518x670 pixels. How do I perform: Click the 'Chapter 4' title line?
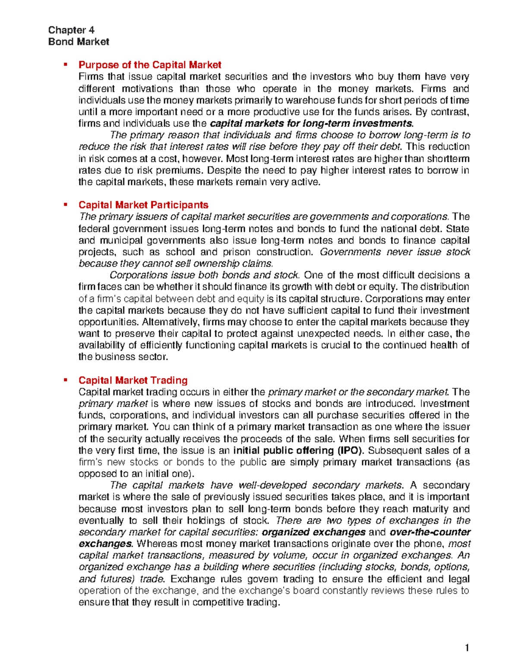pyautogui.click(x=71, y=30)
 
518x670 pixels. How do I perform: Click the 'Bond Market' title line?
pyautogui.click(x=79, y=42)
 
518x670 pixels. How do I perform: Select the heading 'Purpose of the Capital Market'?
pyautogui.click(x=150, y=65)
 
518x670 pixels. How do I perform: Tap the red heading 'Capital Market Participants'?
pyautogui.click(x=143, y=205)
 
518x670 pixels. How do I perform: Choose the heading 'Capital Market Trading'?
pyautogui.click(x=133, y=381)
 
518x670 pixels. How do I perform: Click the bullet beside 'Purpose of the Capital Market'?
pyautogui.click(x=66, y=65)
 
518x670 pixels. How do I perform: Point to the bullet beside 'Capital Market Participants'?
pyautogui.click(x=66, y=204)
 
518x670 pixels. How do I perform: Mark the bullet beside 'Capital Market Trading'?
pyautogui.click(x=66, y=380)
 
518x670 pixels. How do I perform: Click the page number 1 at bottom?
pyautogui.click(x=467, y=648)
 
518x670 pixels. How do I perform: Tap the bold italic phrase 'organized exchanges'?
pyautogui.click(x=314, y=532)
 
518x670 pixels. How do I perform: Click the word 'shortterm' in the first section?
pyautogui.click(x=450, y=159)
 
